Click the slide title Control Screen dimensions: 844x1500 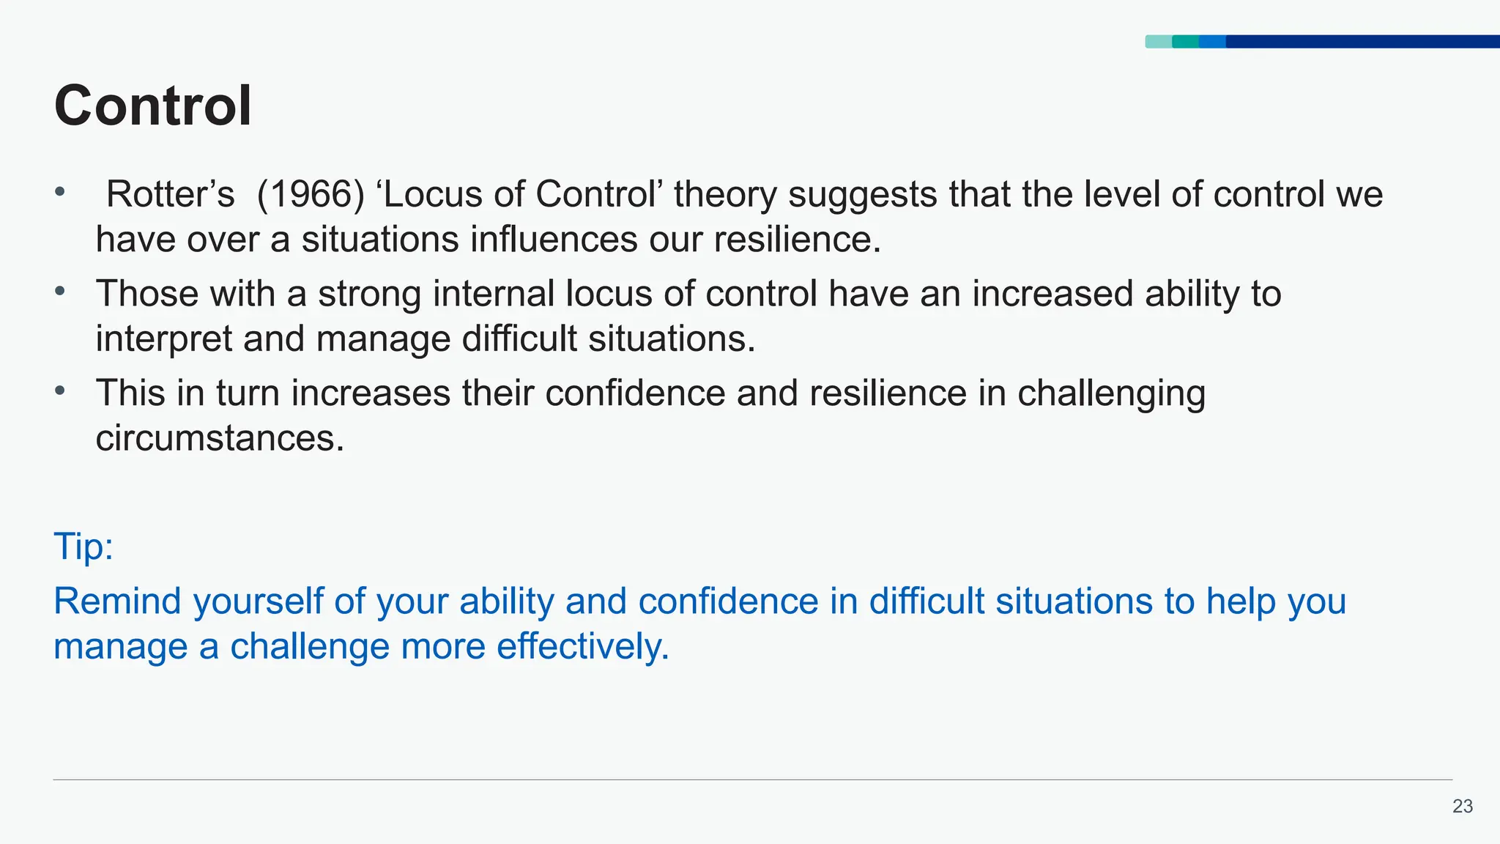click(153, 106)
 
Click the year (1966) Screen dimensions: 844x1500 click(311, 195)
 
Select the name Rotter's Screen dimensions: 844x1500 click(170, 195)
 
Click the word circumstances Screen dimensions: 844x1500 click(220, 438)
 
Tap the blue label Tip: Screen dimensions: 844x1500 click(83, 547)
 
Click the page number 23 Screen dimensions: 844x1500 click(1462, 807)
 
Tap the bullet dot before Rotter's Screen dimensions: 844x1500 click(60, 193)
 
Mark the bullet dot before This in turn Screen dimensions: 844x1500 click(60, 390)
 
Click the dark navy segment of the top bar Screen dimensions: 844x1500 click(1362, 42)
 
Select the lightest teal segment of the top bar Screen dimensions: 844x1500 click(1158, 42)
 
